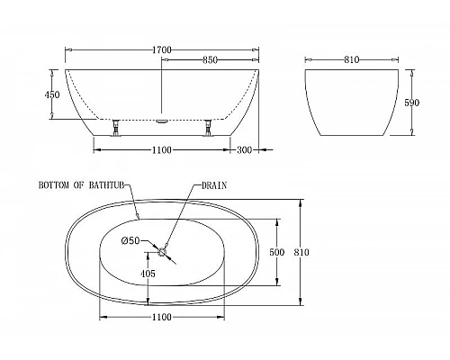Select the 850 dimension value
tap(210, 61)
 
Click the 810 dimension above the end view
tap(351, 60)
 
